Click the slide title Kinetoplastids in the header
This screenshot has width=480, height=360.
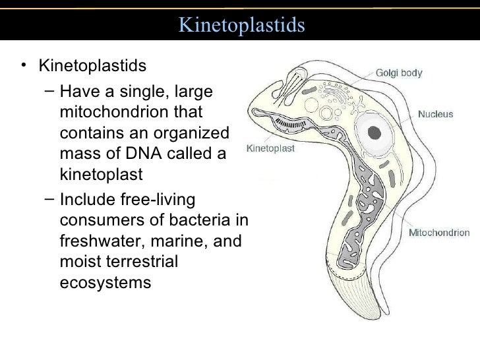pyautogui.click(x=242, y=26)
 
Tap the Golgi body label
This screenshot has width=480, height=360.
pyautogui.click(x=399, y=73)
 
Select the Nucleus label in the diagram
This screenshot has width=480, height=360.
pyautogui.click(x=435, y=114)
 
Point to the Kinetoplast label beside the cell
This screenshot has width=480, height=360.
pyautogui.click(x=270, y=148)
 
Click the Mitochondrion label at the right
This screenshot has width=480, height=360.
pyautogui.click(x=439, y=232)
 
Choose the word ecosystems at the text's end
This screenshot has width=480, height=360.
pyautogui.click(x=105, y=283)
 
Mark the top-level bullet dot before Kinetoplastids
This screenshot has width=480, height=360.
pyautogui.click(x=24, y=66)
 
